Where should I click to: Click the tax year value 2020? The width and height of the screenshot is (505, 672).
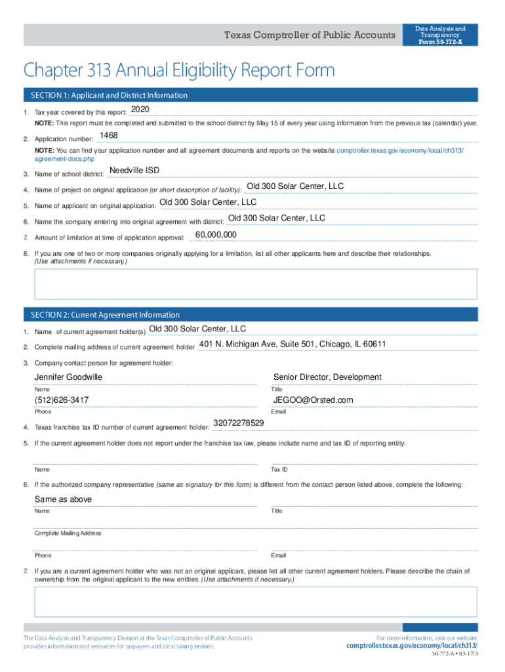pyautogui.click(x=140, y=109)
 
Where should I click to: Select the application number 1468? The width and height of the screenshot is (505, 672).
pyautogui.click(x=108, y=136)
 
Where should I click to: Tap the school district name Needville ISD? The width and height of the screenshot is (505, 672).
pyautogui.click(x=134, y=171)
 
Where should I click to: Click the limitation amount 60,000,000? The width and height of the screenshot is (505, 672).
pyautogui.click(x=216, y=235)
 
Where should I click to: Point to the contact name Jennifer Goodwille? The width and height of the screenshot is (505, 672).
pyautogui.click(x=68, y=377)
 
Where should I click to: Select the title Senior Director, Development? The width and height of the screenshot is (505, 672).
pyautogui.click(x=327, y=377)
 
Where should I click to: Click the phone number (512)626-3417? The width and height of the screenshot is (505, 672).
pyautogui.click(x=62, y=400)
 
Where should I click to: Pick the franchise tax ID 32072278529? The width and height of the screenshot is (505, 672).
pyautogui.click(x=239, y=423)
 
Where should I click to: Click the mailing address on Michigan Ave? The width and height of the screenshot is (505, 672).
pyautogui.click(x=293, y=345)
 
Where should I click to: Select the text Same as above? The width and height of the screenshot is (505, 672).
pyautogui.click(x=63, y=499)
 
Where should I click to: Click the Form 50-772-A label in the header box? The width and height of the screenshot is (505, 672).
pyautogui.click(x=440, y=42)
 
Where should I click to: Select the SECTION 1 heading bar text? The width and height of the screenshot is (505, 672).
pyautogui.click(x=106, y=95)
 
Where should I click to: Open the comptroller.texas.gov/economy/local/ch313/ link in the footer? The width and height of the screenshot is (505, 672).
pyautogui.click(x=412, y=646)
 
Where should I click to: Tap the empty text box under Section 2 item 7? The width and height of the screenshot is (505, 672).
pyautogui.click(x=256, y=602)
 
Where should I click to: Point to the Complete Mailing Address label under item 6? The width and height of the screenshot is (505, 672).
pyautogui.click(x=68, y=534)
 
